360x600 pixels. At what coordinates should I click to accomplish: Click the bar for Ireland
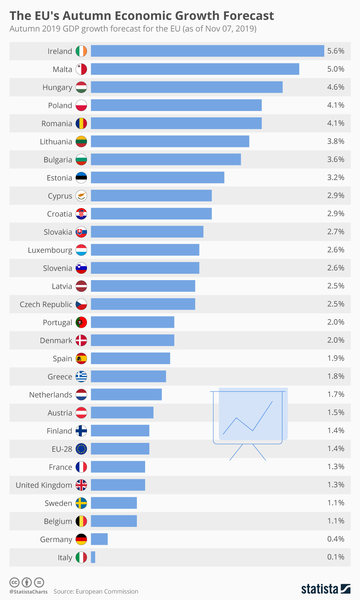(x=207, y=51)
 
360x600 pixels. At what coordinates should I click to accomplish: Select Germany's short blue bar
(x=99, y=539)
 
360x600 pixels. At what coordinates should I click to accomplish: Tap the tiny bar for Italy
(x=93, y=557)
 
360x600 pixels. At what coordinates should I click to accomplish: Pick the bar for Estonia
(x=157, y=178)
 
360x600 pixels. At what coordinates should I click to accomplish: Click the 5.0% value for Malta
(x=336, y=69)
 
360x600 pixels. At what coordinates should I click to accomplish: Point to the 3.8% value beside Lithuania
(x=336, y=141)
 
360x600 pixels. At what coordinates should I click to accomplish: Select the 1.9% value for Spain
(x=336, y=358)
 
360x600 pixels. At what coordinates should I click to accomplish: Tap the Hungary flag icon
(x=81, y=87)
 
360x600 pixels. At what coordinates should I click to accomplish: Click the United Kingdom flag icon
(x=81, y=485)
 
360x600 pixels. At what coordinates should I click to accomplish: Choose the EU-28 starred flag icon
(x=81, y=449)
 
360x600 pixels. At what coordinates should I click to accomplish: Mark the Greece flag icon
(x=81, y=376)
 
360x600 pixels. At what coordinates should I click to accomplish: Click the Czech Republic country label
(x=46, y=304)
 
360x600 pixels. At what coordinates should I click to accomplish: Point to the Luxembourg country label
(x=50, y=250)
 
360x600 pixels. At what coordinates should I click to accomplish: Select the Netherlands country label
(x=51, y=394)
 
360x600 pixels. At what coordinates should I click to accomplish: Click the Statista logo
(x=325, y=589)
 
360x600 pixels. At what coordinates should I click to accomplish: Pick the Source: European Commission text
(x=96, y=591)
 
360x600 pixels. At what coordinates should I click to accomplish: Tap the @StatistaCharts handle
(x=28, y=592)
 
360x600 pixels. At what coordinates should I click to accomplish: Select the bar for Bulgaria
(x=166, y=159)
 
